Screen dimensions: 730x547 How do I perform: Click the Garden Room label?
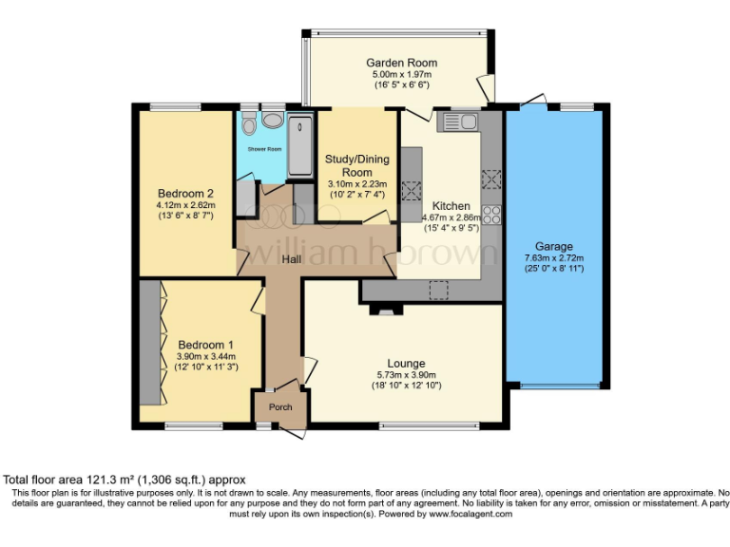[401, 63]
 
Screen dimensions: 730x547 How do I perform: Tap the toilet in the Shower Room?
[250, 123]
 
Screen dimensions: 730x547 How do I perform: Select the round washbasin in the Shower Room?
[273, 120]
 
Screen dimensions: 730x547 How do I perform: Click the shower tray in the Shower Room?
[300, 145]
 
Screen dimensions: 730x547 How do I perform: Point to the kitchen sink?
[457, 122]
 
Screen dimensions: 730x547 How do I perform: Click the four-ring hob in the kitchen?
[491, 215]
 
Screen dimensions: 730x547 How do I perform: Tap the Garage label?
[554, 247]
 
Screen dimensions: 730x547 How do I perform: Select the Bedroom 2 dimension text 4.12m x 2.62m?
[185, 205]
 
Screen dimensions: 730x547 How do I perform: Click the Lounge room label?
[406, 364]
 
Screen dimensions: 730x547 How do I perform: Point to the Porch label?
[280, 407]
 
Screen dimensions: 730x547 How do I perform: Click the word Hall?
[292, 259]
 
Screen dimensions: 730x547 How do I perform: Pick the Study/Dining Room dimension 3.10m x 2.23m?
[357, 184]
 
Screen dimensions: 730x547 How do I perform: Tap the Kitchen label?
[451, 206]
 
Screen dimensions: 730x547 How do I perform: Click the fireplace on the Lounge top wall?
[386, 310]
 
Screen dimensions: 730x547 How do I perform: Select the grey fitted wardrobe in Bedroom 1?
[150, 342]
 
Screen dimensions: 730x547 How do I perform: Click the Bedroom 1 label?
[205, 345]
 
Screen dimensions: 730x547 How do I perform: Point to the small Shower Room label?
[264, 149]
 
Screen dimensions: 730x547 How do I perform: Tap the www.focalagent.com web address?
[471, 514]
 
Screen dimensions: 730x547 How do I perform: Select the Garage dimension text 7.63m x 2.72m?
[554, 258]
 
